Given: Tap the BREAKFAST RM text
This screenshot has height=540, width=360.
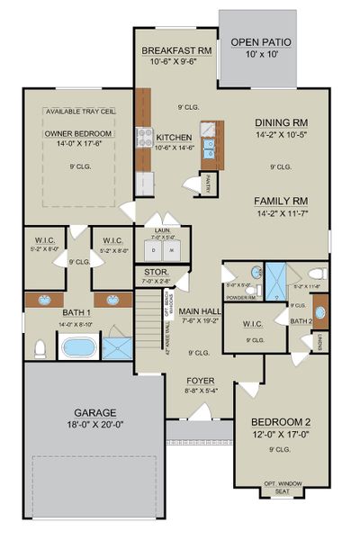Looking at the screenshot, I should [x=176, y=51].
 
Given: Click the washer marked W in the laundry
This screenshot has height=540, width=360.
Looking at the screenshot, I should [x=169, y=249].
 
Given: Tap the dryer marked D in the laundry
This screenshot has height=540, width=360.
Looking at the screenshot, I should [x=155, y=249].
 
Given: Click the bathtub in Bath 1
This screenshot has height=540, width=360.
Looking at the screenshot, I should [x=78, y=346].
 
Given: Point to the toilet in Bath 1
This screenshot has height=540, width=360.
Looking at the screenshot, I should [x=40, y=346].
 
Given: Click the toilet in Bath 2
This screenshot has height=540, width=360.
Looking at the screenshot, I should [x=316, y=274].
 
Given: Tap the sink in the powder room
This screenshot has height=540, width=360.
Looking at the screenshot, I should [x=255, y=272].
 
